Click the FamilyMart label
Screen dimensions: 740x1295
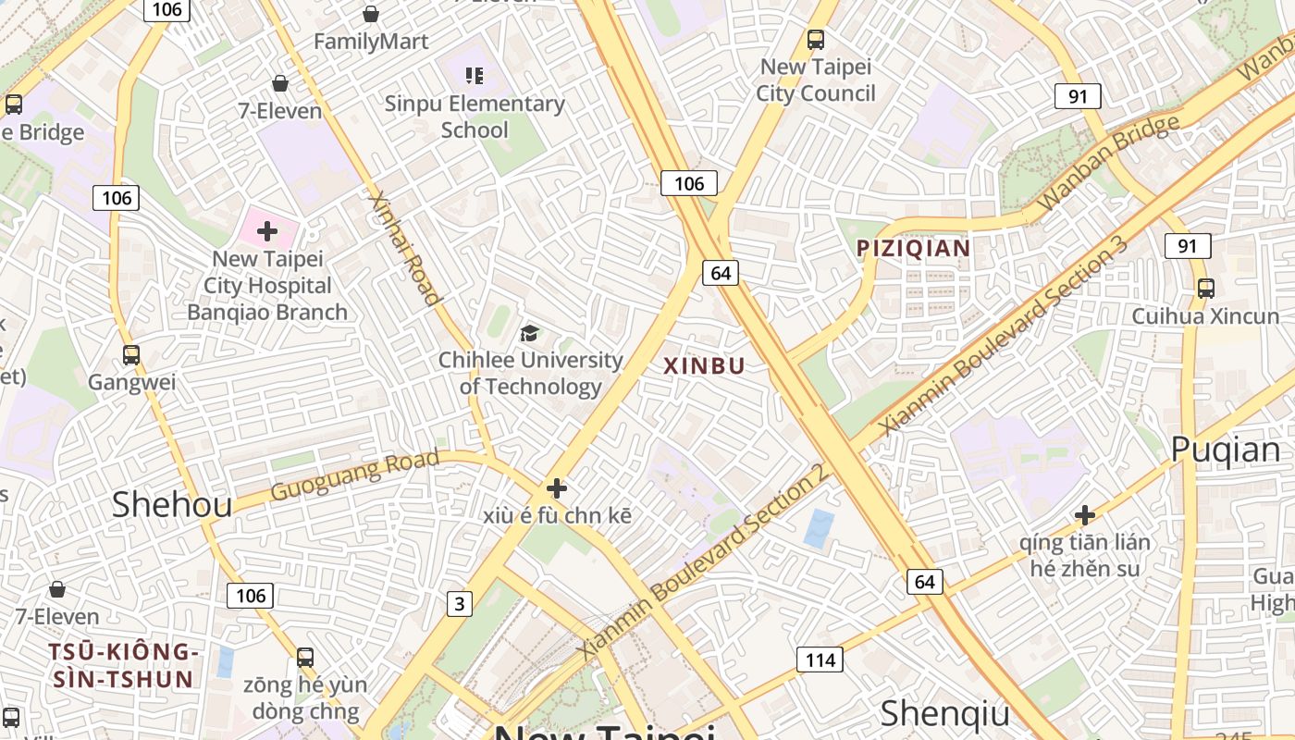point(371,42)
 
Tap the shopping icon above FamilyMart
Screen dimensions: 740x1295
point(371,14)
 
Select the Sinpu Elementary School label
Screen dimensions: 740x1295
point(475,117)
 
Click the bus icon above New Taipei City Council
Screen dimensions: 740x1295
point(815,40)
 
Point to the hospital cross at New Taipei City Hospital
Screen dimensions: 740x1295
point(267,230)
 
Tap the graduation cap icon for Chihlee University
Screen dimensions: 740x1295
point(529,334)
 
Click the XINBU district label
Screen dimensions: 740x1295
point(704,365)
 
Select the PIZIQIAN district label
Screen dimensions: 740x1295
point(913,248)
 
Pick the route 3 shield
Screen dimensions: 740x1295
point(459,604)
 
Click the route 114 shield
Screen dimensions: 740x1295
point(820,660)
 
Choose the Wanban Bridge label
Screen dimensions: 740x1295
point(1108,162)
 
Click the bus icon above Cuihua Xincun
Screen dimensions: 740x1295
point(1205,288)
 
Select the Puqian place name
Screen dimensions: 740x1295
point(1225,450)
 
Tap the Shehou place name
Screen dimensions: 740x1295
point(172,504)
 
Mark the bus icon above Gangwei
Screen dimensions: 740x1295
point(131,355)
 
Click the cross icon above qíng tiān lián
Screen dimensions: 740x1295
point(1085,515)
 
